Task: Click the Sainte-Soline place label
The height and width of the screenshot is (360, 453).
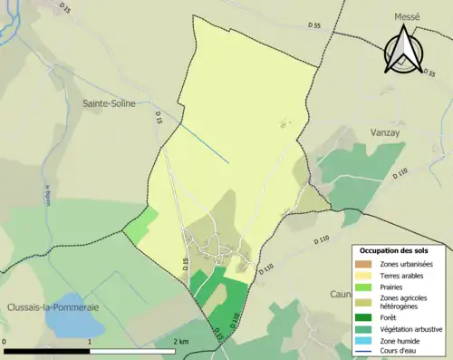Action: pyautogui.click(x=109, y=103)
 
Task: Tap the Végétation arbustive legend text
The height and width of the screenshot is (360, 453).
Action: pyautogui.click(x=412, y=329)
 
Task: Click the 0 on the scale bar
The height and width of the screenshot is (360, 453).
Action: pyautogui.click(x=5, y=341)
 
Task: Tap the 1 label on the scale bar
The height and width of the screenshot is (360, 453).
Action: pyautogui.click(x=90, y=341)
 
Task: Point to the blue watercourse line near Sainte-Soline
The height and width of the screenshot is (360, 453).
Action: pyautogui.click(x=203, y=142)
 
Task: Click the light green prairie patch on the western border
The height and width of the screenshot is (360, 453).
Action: pyautogui.click(x=140, y=224)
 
